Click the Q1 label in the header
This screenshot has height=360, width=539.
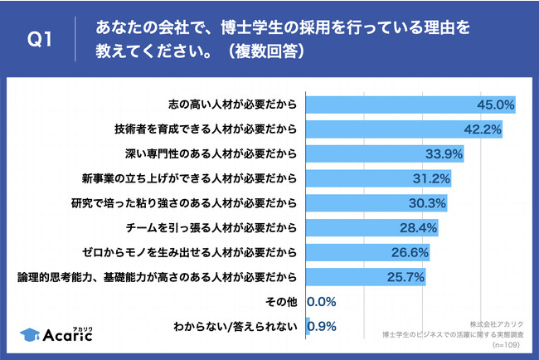point(40,39)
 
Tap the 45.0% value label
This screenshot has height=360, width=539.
point(496,105)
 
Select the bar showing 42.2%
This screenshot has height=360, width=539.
point(405,129)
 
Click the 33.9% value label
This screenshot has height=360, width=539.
point(444,154)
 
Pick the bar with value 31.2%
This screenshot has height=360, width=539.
point(378,178)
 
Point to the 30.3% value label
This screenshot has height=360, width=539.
point(427,203)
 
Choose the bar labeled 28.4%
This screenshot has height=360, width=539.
point(372,227)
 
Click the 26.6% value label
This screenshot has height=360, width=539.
point(410,253)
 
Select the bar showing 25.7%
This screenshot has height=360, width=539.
point(366,277)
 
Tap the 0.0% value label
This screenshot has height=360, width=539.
point(322,302)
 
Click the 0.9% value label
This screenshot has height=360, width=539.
point(322,327)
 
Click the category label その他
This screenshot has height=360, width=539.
point(281,302)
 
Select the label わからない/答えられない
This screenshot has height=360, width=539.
point(236,327)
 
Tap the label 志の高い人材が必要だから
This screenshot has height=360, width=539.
point(233,105)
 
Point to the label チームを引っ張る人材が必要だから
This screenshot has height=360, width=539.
point(211,228)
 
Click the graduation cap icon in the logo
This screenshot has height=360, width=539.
point(30,334)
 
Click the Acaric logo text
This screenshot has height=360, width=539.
point(68,335)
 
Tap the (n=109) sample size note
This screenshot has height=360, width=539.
point(506,345)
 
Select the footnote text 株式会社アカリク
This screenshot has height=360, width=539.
point(497,324)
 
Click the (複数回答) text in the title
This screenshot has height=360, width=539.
point(267,51)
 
